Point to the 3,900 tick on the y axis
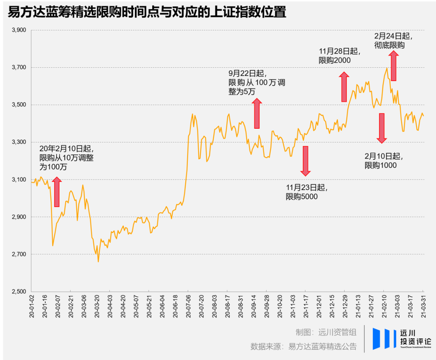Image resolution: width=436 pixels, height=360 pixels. pos(19,30)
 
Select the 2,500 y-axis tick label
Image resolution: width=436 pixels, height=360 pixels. pos(19,291)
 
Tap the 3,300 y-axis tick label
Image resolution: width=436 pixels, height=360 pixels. pos(19,142)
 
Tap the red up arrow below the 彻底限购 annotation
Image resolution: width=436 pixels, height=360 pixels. pos(394,66)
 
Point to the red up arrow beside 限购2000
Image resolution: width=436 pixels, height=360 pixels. pos(344,87)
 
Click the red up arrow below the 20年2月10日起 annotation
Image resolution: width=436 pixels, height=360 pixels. pos(57,192)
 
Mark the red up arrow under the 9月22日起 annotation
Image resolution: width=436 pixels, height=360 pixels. pos(257,113)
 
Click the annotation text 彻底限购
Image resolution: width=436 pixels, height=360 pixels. pos(390,45)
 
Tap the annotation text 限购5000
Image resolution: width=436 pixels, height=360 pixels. pos(302,197)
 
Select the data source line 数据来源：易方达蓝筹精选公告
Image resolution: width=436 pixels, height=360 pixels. pos(304,346)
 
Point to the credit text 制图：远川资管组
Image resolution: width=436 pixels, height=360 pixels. pos(326,332)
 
